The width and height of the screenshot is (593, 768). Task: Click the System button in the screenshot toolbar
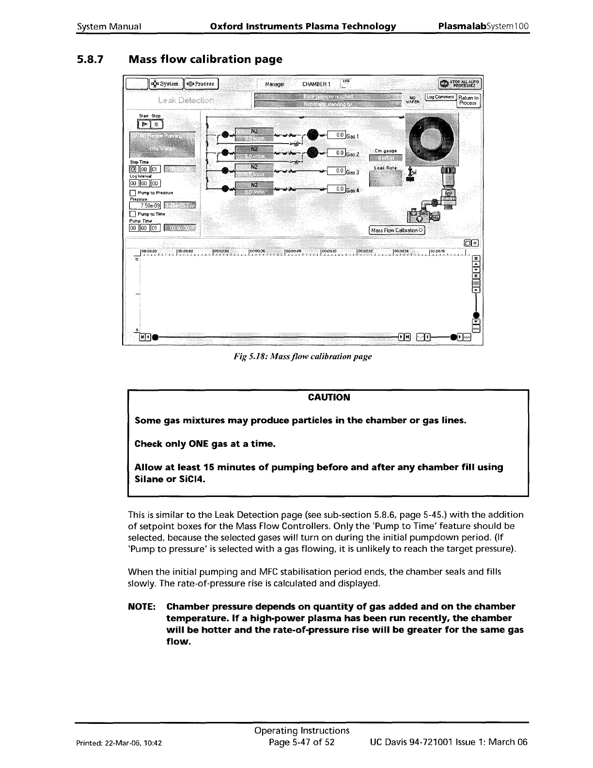tap(166, 84)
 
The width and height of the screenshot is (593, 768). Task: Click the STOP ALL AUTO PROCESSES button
tap(459, 84)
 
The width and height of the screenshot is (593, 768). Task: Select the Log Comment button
tap(440, 97)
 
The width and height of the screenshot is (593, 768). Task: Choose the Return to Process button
tap(468, 100)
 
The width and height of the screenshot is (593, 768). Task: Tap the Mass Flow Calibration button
tap(397, 230)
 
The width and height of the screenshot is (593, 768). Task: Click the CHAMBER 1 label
tap(316, 84)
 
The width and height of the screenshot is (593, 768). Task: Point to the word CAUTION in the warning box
tap(328, 398)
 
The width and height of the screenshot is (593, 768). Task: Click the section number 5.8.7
tap(89, 60)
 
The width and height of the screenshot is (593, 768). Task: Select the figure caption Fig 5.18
tap(302, 356)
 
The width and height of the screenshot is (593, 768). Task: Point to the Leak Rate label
tap(386, 168)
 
